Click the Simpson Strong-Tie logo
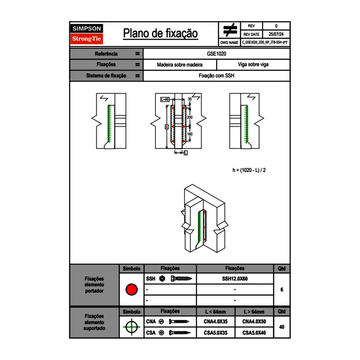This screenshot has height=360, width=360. (x=87, y=34)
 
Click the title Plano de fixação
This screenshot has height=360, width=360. (x=160, y=34)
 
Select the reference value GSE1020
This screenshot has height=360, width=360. (x=216, y=54)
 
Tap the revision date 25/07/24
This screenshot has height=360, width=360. (x=276, y=34)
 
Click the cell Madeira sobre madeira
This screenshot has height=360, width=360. (x=180, y=65)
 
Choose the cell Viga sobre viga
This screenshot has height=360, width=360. (x=253, y=65)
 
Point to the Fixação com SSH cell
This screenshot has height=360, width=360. (x=216, y=76)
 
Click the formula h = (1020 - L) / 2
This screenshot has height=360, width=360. (x=249, y=170)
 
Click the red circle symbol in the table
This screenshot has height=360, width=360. (x=131, y=290)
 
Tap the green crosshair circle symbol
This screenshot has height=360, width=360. (x=131, y=327)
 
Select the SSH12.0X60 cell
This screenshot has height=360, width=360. (x=235, y=279)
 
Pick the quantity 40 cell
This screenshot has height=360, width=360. (x=281, y=327)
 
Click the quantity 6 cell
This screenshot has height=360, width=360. (x=281, y=290)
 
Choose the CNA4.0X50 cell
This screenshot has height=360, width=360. (x=254, y=322)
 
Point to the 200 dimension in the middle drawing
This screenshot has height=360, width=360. (x=189, y=117)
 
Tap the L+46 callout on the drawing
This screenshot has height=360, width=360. (x=165, y=99)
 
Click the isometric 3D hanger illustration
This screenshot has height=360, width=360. (x=203, y=220)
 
